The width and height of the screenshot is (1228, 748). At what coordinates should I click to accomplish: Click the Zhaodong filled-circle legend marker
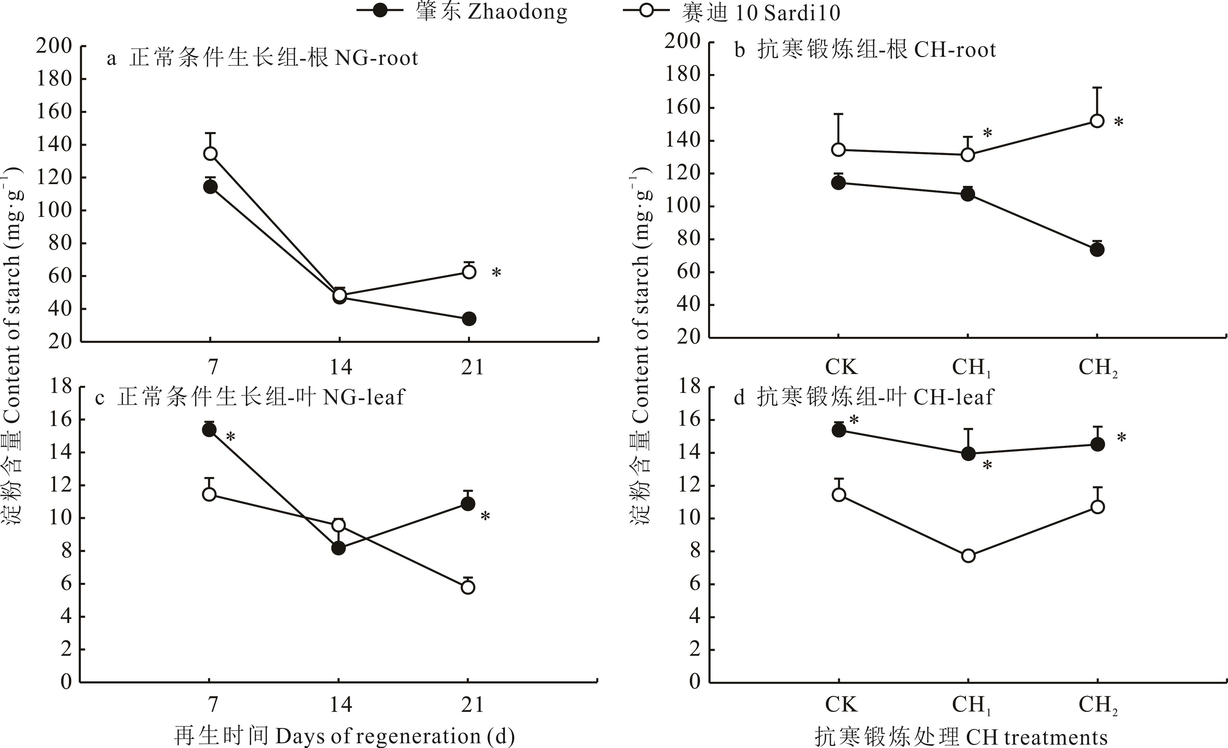pyautogui.click(x=380, y=10)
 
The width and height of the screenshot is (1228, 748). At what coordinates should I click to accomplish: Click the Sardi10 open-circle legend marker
pyautogui.click(x=646, y=10)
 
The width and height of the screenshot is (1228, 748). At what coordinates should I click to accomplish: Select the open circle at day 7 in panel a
pyautogui.click(x=210, y=154)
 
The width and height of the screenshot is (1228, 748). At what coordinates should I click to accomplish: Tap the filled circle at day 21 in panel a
pyautogui.click(x=468, y=319)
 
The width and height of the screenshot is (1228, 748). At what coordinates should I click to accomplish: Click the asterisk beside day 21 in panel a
pyautogui.click(x=496, y=273)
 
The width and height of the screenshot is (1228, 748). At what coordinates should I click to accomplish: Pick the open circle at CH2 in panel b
pyautogui.click(x=1097, y=121)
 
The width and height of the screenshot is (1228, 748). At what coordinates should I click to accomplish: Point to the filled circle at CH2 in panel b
pyautogui.click(x=1097, y=250)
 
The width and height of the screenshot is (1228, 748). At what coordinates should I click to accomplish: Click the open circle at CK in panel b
pyautogui.click(x=839, y=150)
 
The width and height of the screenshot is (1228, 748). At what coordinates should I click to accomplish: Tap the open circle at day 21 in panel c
pyautogui.click(x=468, y=588)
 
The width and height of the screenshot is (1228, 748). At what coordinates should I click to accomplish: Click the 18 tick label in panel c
pyautogui.click(x=60, y=387)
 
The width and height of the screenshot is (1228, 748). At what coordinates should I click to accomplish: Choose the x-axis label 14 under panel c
pyautogui.click(x=341, y=705)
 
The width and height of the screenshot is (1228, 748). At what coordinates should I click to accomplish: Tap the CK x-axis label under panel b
pyautogui.click(x=841, y=367)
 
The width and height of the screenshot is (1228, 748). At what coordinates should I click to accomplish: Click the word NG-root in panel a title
pyautogui.click(x=376, y=58)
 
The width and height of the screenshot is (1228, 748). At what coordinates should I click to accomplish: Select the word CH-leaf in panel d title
pyautogui.click(x=953, y=397)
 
